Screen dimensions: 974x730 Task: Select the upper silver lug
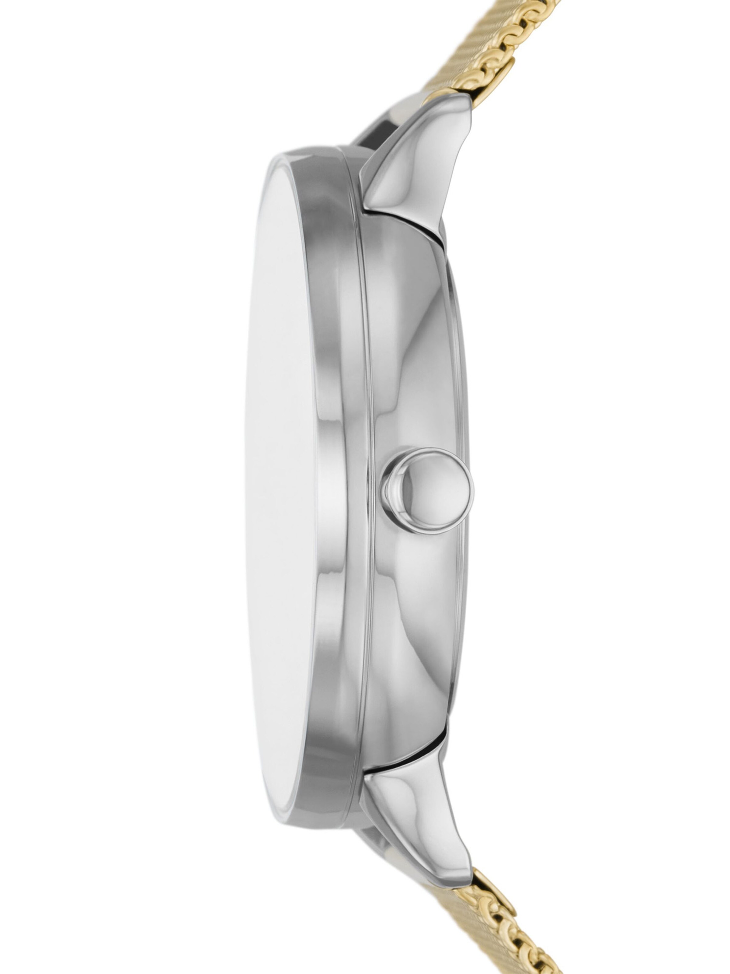tap(414, 167)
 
